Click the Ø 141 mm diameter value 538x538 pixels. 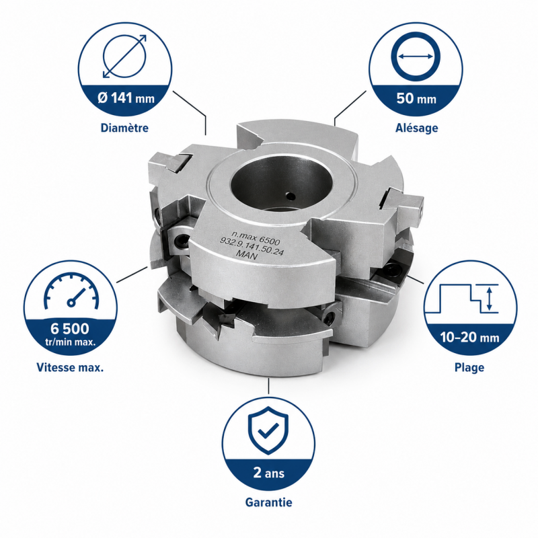126,98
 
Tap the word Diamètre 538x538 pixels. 124,128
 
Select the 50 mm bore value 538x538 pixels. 416,98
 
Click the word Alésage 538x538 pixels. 416,128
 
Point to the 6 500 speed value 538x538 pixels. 70,329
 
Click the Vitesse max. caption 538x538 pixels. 70,367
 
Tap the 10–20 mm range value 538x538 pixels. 469,338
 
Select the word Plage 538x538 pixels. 469,367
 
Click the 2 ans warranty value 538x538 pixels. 268,473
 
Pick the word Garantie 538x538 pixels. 268,502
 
